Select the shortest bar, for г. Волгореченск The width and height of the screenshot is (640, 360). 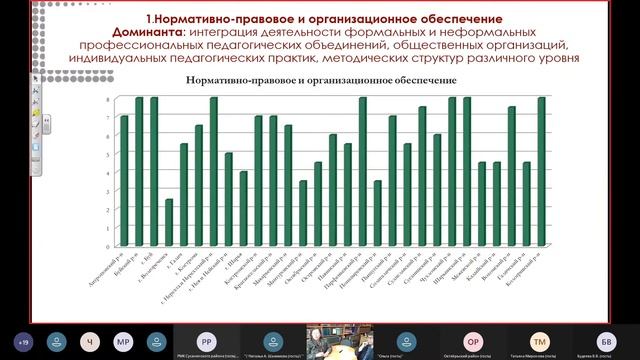[x=169, y=222]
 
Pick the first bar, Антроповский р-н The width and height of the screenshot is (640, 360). [x=124, y=180]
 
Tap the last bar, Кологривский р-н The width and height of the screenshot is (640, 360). [x=541, y=171]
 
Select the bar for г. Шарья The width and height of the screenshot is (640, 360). [x=243, y=208]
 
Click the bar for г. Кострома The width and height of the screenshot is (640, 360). [x=199, y=185]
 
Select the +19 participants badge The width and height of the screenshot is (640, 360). [x=22, y=340]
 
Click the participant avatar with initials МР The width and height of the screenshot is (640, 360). [x=122, y=340]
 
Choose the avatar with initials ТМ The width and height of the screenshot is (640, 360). [x=540, y=340]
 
